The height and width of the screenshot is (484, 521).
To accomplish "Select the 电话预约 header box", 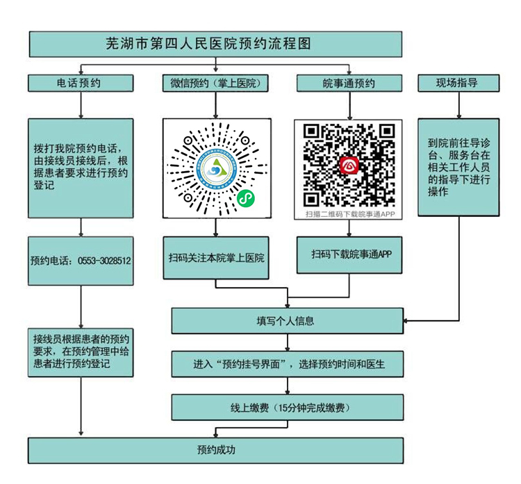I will click(x=81, y=83).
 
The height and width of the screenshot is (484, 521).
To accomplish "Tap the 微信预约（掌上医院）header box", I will click(x=215, y=83).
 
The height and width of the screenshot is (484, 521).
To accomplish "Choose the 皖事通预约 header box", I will click(x=348, y=83).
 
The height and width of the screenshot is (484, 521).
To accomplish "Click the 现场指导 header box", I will click(x=457, y=83).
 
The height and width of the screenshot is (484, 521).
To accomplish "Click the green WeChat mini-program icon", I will click(x=245, y=199).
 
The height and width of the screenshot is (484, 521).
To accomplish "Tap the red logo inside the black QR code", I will click(x=348, y=165).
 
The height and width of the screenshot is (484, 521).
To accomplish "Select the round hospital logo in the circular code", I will click(x=215, y=167).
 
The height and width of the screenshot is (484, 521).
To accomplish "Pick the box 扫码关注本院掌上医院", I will click(x=215, y=258).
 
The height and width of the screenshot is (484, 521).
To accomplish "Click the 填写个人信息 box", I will click(x=286, y=321).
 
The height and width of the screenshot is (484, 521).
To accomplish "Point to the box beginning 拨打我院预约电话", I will click(x=81, y=167).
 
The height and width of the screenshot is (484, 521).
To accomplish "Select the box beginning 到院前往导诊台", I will click(x=458, y=167).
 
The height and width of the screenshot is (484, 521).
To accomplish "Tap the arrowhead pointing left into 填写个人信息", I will click(x=408, y=321).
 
